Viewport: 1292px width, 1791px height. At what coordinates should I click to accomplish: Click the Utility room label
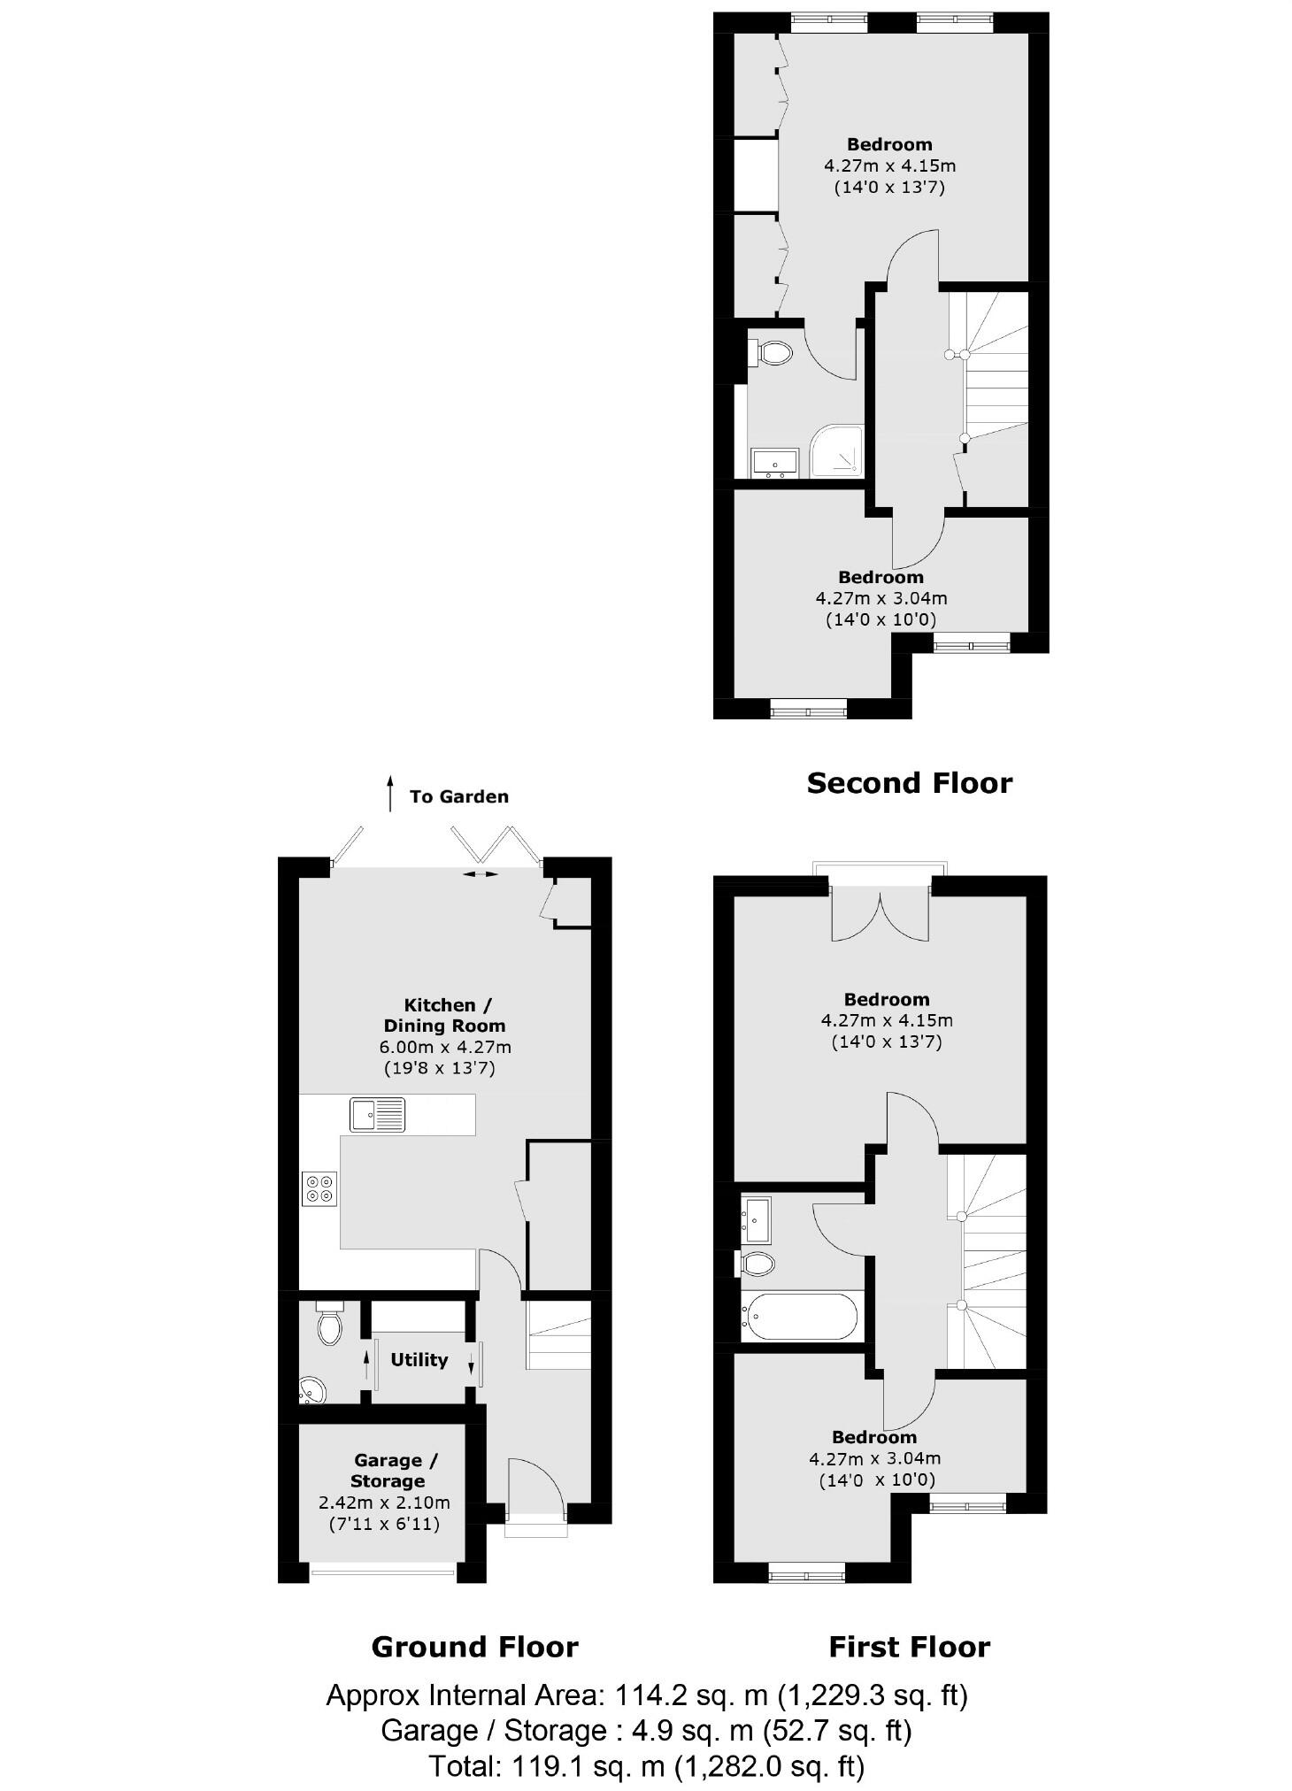point(419,1360)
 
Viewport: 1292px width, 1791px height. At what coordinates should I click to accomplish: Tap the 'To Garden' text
point(458,796)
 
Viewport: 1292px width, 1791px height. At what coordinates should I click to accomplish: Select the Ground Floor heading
point(474,1647)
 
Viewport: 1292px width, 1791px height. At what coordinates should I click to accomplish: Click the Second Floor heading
point(909,783)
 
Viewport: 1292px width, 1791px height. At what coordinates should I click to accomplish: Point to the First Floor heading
point(909,1647)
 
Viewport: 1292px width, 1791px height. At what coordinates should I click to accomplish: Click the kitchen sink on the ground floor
point(377,1115)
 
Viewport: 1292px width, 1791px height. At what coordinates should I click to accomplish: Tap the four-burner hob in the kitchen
point(319,1188)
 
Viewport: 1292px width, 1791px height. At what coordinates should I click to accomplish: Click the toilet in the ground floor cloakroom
point(329,1324)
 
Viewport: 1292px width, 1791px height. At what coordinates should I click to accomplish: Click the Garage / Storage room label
point(388,1471)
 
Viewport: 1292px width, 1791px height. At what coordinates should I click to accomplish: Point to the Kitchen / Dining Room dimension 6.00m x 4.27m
point(445,1047)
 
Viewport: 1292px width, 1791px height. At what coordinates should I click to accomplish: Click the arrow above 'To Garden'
point(389,794)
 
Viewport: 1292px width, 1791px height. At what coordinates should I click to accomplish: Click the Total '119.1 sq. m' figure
point(588,1766)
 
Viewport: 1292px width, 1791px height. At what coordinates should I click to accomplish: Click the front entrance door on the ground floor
point(535,1489)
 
